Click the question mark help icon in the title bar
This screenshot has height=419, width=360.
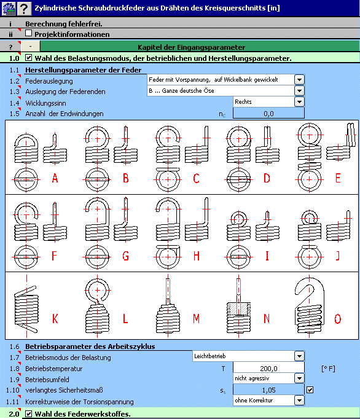[x=24, y=8]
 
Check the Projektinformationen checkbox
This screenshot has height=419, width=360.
[x=28, y=33]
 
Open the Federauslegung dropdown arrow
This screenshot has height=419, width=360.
[x=299, y=80]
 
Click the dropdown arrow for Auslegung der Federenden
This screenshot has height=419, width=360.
[x=299, y=91]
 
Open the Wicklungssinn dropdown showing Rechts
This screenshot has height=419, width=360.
[x=299, y=102]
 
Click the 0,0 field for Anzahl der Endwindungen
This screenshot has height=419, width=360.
[x=268, y=113]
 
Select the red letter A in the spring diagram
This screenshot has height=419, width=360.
[x=55, y=178]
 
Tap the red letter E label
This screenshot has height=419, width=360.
[x=338, y=178]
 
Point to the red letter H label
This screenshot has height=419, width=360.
[x=197, y=256]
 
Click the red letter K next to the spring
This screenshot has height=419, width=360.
[x=55, y=318]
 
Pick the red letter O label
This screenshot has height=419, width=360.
[x=338, y=319]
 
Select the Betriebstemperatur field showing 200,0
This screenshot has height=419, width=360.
[x=268, y=368]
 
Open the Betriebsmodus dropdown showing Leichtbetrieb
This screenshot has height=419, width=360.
[x=299, y=356]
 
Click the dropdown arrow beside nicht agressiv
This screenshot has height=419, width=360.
[x=299, y=378]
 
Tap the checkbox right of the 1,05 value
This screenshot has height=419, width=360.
[x=310, y=390]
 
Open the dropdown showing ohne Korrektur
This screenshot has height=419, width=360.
[x=299, y=401]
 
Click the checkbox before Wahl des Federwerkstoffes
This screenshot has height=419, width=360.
[x=28, y=414]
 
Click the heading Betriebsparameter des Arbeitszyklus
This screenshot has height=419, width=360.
[x=90, y=347]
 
